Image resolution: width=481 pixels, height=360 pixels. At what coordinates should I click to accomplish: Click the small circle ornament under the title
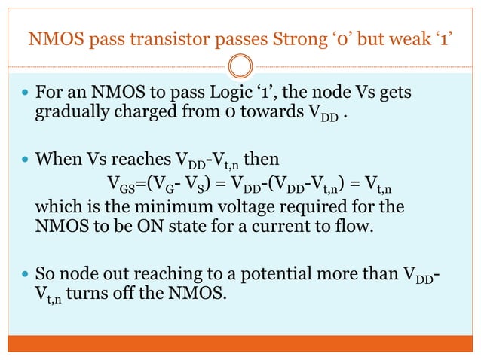click(x=240, y=67)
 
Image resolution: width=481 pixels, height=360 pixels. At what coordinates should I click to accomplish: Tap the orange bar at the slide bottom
click(x=240, y=345)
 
